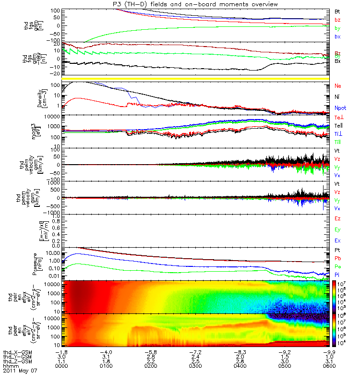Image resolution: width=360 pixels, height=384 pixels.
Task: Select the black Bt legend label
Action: (x=337, y=11)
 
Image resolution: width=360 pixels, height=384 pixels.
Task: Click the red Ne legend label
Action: (x=337, y=86)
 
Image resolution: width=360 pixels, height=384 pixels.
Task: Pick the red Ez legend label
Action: (x=337, y=218)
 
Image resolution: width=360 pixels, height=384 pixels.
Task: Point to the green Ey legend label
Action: (x=337, y=229)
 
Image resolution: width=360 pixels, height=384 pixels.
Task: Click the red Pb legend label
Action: (x=337, y=259)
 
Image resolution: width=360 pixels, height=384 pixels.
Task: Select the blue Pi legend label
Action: (x=337, y=275)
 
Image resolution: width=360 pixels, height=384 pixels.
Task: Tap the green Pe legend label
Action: (x=337, y=266)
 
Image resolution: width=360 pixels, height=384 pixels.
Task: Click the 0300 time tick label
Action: (x=195, y=366)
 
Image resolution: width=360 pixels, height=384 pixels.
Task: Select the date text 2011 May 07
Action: (x=20, y=371)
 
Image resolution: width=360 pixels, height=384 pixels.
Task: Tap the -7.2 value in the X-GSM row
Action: (x=195, y=352)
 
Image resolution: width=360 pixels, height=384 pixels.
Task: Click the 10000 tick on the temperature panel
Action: (x=51, y=116)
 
